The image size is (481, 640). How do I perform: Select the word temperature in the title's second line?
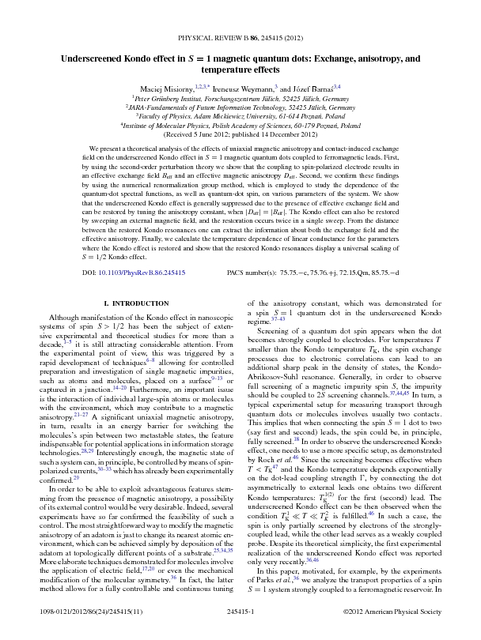218,70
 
